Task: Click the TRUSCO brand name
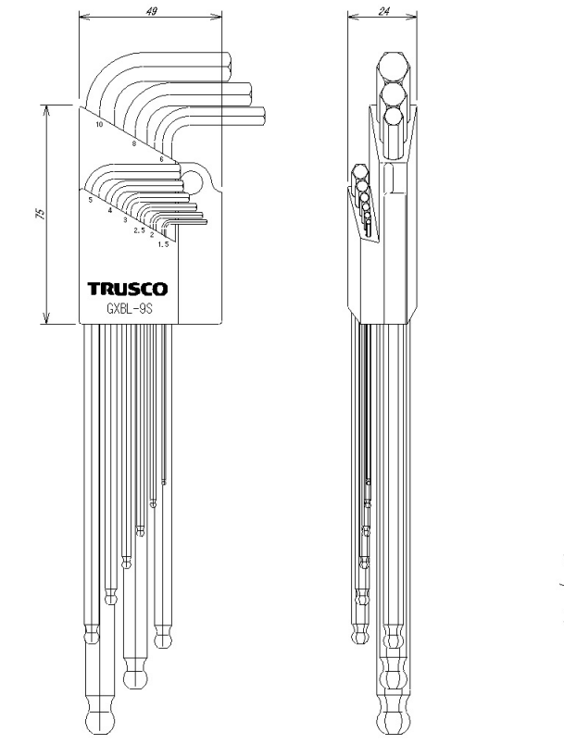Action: [127, 289]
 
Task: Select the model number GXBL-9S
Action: [128, 308]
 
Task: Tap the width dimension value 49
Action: [151, 10]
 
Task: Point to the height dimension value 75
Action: [41, 213]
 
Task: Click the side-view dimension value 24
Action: [384, 11]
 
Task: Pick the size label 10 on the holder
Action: [99, 125]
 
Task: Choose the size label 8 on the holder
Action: [134, 143]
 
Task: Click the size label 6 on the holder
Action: [161, 159]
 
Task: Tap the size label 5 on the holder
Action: [90, 200]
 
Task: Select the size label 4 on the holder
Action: [109, 210]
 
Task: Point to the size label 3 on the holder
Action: [125, 220]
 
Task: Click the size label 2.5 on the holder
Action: [139, 230]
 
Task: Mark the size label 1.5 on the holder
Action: [163, 244]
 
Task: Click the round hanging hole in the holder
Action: [192, 181]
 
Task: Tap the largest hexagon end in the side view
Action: [393, 66]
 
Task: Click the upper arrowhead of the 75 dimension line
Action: [46, 110]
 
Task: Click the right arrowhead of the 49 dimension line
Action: [218, 18]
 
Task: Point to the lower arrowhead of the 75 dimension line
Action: [46, 319]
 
